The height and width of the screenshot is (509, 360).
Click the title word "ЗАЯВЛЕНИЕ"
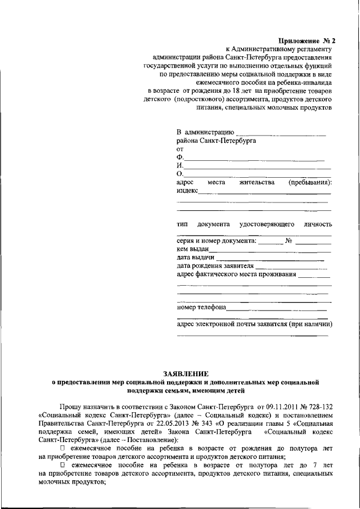pyautogui.click(x=185, y=373)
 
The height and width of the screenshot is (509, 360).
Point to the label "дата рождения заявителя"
pyautogui.click(x=215, y=266)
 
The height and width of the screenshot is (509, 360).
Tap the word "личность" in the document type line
pyautogui.click(x=317, y=224)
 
